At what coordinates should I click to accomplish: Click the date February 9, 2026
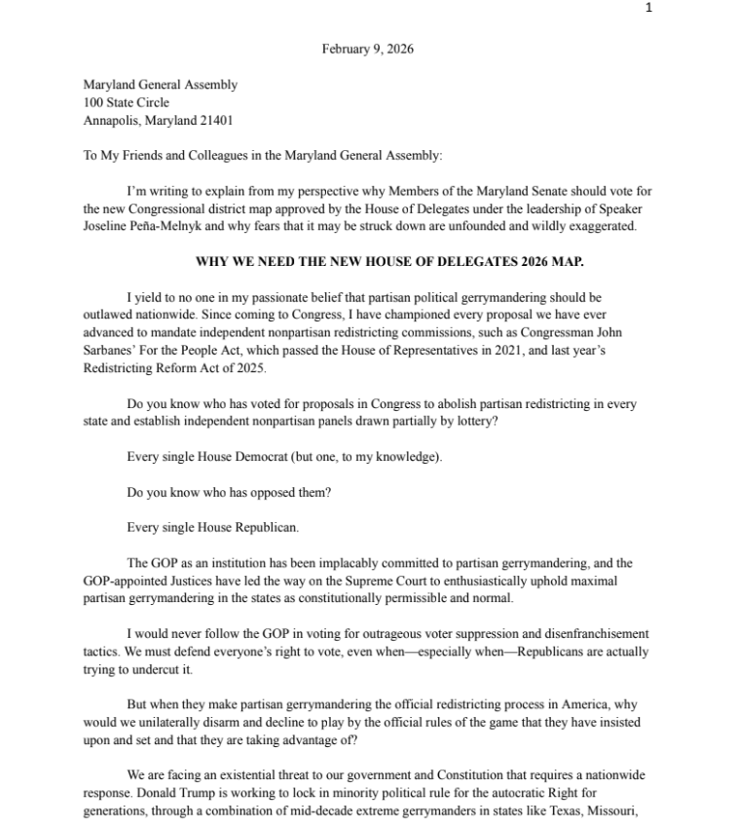coord(367,50)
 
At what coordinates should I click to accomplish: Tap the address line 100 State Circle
coord(126,102)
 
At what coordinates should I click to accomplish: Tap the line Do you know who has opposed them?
coord(229,492)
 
